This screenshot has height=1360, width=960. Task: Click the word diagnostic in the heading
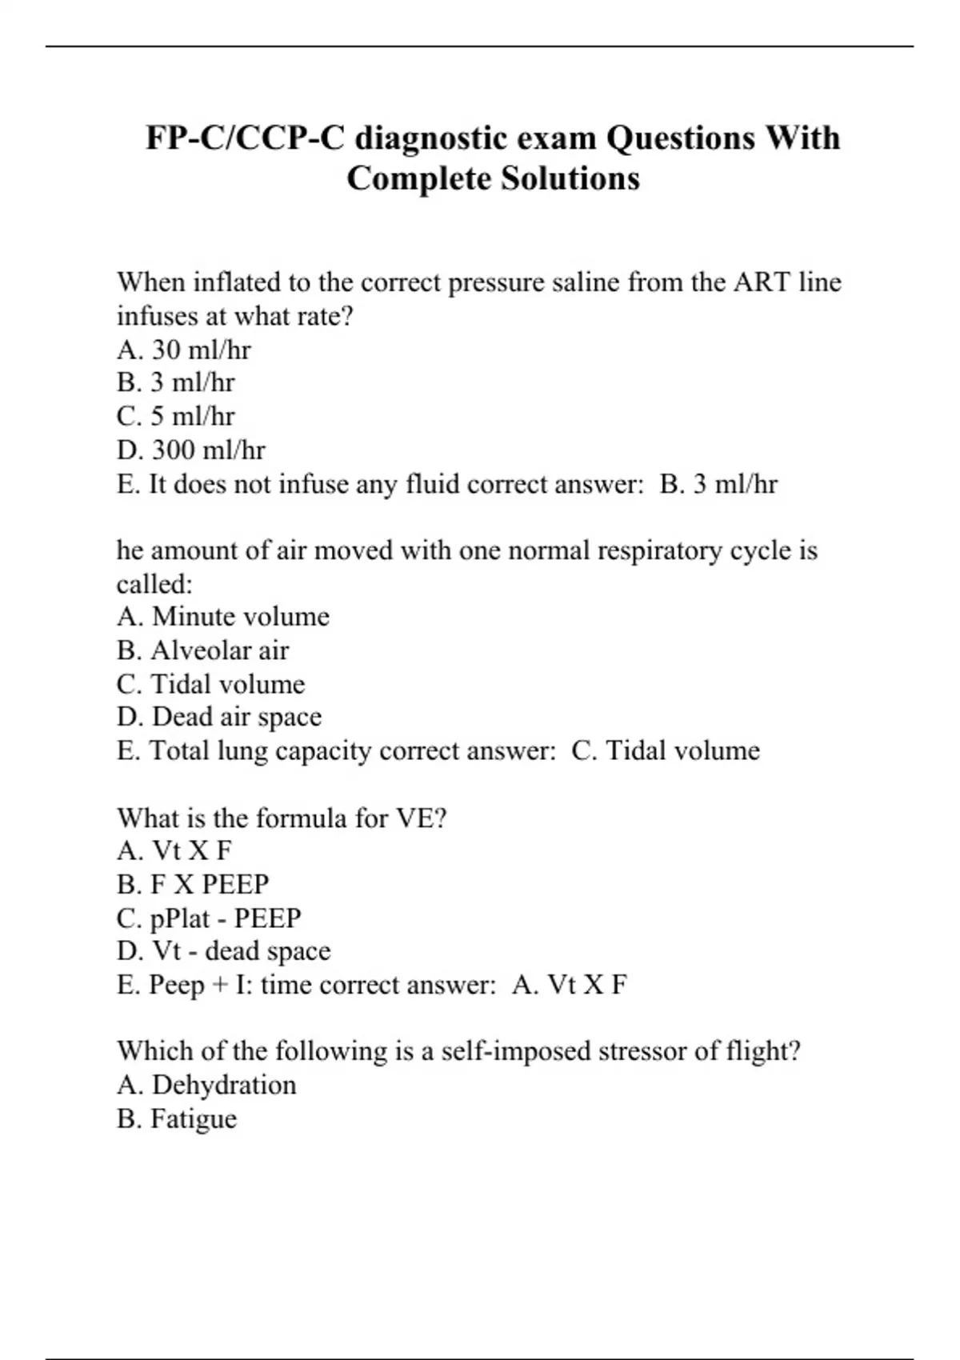pos(430,138)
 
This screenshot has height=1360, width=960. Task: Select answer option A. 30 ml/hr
pos(183,350)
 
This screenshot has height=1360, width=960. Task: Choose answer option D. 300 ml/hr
pos(190,450)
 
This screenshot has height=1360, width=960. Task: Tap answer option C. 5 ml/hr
pos(175,416)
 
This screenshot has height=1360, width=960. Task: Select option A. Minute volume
pos(222,616)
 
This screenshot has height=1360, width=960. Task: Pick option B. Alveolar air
pos(202,650)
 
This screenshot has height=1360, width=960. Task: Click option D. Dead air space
pos(218,717)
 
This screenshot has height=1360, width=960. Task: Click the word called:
pos(154,584)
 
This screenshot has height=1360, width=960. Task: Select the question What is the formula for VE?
pos(282,818)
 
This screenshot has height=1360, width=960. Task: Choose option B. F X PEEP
pos(192,884)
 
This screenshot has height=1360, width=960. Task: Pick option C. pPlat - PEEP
pos(208,918)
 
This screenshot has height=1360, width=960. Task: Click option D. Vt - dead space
pos(223,951)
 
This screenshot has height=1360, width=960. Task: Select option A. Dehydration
pos(206,1085)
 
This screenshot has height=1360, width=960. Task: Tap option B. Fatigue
pos(176,1118)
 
